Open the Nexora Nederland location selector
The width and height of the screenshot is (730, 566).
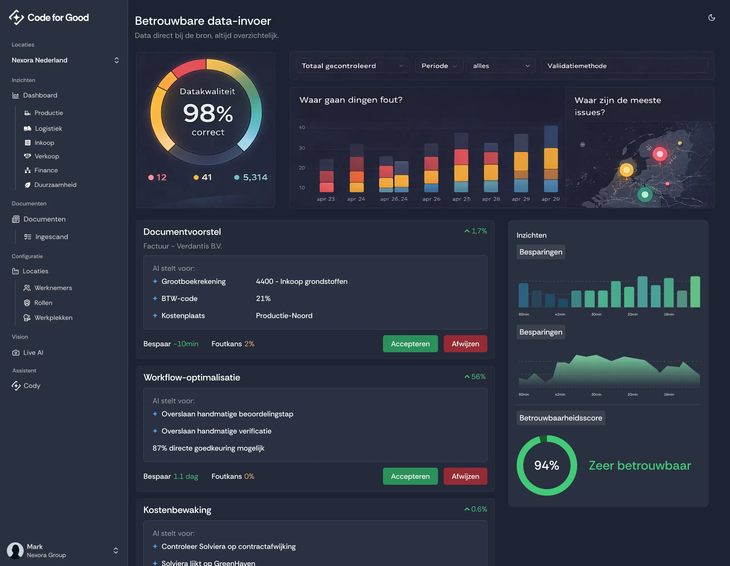[65, 60]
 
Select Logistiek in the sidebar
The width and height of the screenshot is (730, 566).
[48, 129]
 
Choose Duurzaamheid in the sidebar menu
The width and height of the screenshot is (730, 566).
[55, 185]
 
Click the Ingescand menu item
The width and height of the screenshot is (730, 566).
[52, 237]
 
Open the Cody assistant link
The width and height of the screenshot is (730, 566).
[32, 386]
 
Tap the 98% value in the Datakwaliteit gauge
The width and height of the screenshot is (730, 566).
[208, 113]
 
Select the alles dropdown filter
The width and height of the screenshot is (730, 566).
[500, 66]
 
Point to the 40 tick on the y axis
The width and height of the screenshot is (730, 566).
[301, 127]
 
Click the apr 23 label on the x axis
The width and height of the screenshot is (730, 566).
[326, 199]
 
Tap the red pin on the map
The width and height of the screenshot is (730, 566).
[660, 154]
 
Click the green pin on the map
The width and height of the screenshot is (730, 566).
[645, 194]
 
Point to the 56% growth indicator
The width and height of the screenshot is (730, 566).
[475, 376]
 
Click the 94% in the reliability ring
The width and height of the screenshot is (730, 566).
[546, 465]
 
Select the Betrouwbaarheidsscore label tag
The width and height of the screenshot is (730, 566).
[561, 418]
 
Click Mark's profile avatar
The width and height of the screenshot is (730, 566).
[15, 550]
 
